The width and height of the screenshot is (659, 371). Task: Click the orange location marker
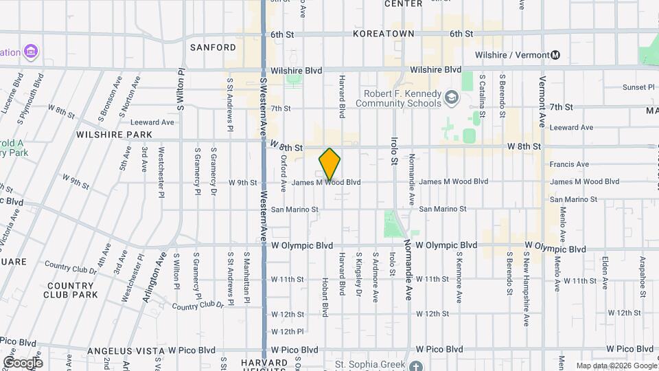[330, 164]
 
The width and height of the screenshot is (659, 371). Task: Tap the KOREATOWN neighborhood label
[384, 33]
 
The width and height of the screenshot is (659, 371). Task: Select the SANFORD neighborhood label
[213, 47]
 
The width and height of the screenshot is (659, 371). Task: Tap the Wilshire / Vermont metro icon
[556, 55]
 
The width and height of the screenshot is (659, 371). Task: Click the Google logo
[23, 362]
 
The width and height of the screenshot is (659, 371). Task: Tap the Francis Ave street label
[569, 164]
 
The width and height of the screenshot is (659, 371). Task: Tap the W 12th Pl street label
[287, 331]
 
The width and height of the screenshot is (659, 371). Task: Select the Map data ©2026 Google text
[616, 366]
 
